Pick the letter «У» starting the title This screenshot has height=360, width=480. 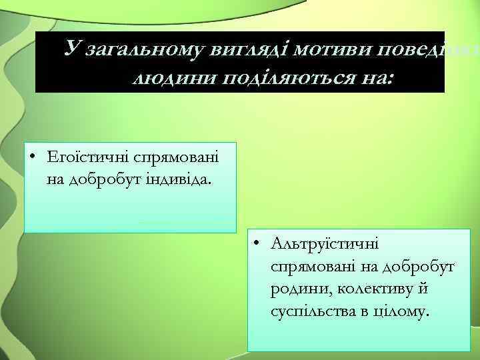[x=71, y=49]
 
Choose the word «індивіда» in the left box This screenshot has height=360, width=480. [x=172, y=179]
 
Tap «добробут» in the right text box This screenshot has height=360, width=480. [x=418, y=267]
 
